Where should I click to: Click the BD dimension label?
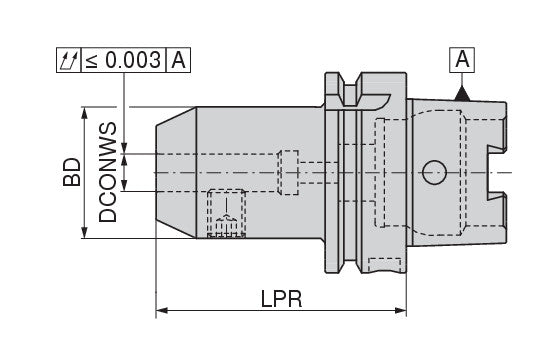tap(72, 172)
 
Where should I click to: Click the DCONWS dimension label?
tap(107, 172)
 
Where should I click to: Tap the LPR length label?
tap(281, 299)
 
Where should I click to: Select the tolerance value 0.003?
tap(133, 60)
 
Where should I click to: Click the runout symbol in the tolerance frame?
tap(69, 60)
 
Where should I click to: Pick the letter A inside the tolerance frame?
tap(178, 60)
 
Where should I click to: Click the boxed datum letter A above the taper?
tap(462, 59)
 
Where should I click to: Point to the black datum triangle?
tap(462, 94)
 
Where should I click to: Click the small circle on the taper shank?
tap(434, 172)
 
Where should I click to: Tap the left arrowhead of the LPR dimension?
tap(161, 310)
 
